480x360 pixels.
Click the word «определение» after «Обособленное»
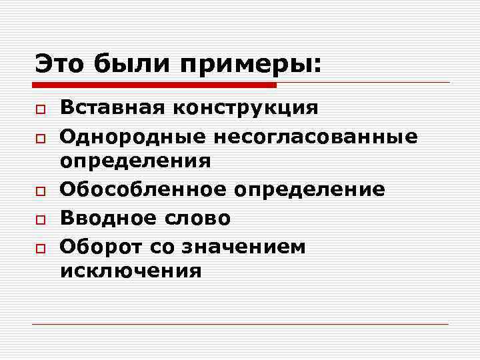pos(309,190)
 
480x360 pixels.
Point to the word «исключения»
pos(131,271)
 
